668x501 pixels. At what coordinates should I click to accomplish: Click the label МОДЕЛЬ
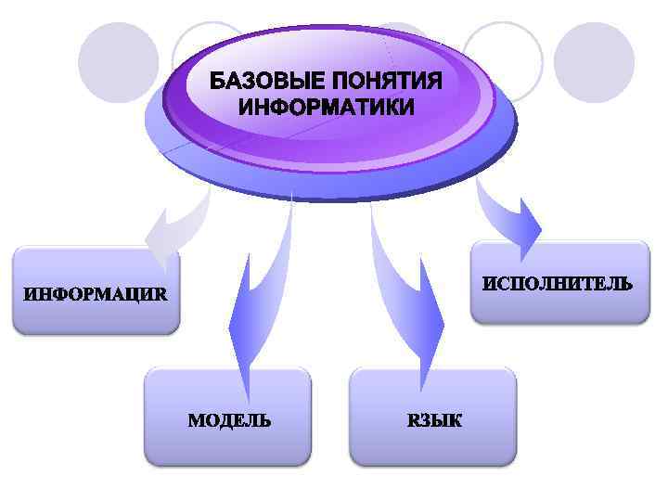[x=230, y=419]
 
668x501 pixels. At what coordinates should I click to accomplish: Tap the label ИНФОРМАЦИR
[x=96, y=296]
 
